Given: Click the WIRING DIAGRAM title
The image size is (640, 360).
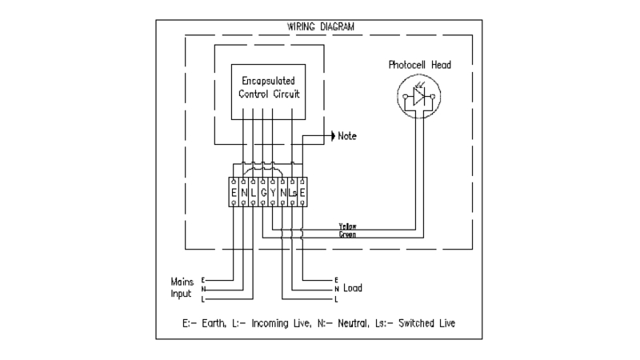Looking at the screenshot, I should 319,26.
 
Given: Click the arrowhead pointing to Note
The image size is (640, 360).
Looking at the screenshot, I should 332,136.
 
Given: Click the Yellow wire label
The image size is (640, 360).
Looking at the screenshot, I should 348,227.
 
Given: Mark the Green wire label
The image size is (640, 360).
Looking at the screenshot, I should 348,235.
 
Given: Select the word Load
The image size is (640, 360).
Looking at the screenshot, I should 354,287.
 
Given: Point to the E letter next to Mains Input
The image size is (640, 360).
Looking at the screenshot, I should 204,279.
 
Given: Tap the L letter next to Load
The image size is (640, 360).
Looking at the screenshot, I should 336,298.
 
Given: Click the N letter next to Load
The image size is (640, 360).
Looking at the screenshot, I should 336,289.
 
